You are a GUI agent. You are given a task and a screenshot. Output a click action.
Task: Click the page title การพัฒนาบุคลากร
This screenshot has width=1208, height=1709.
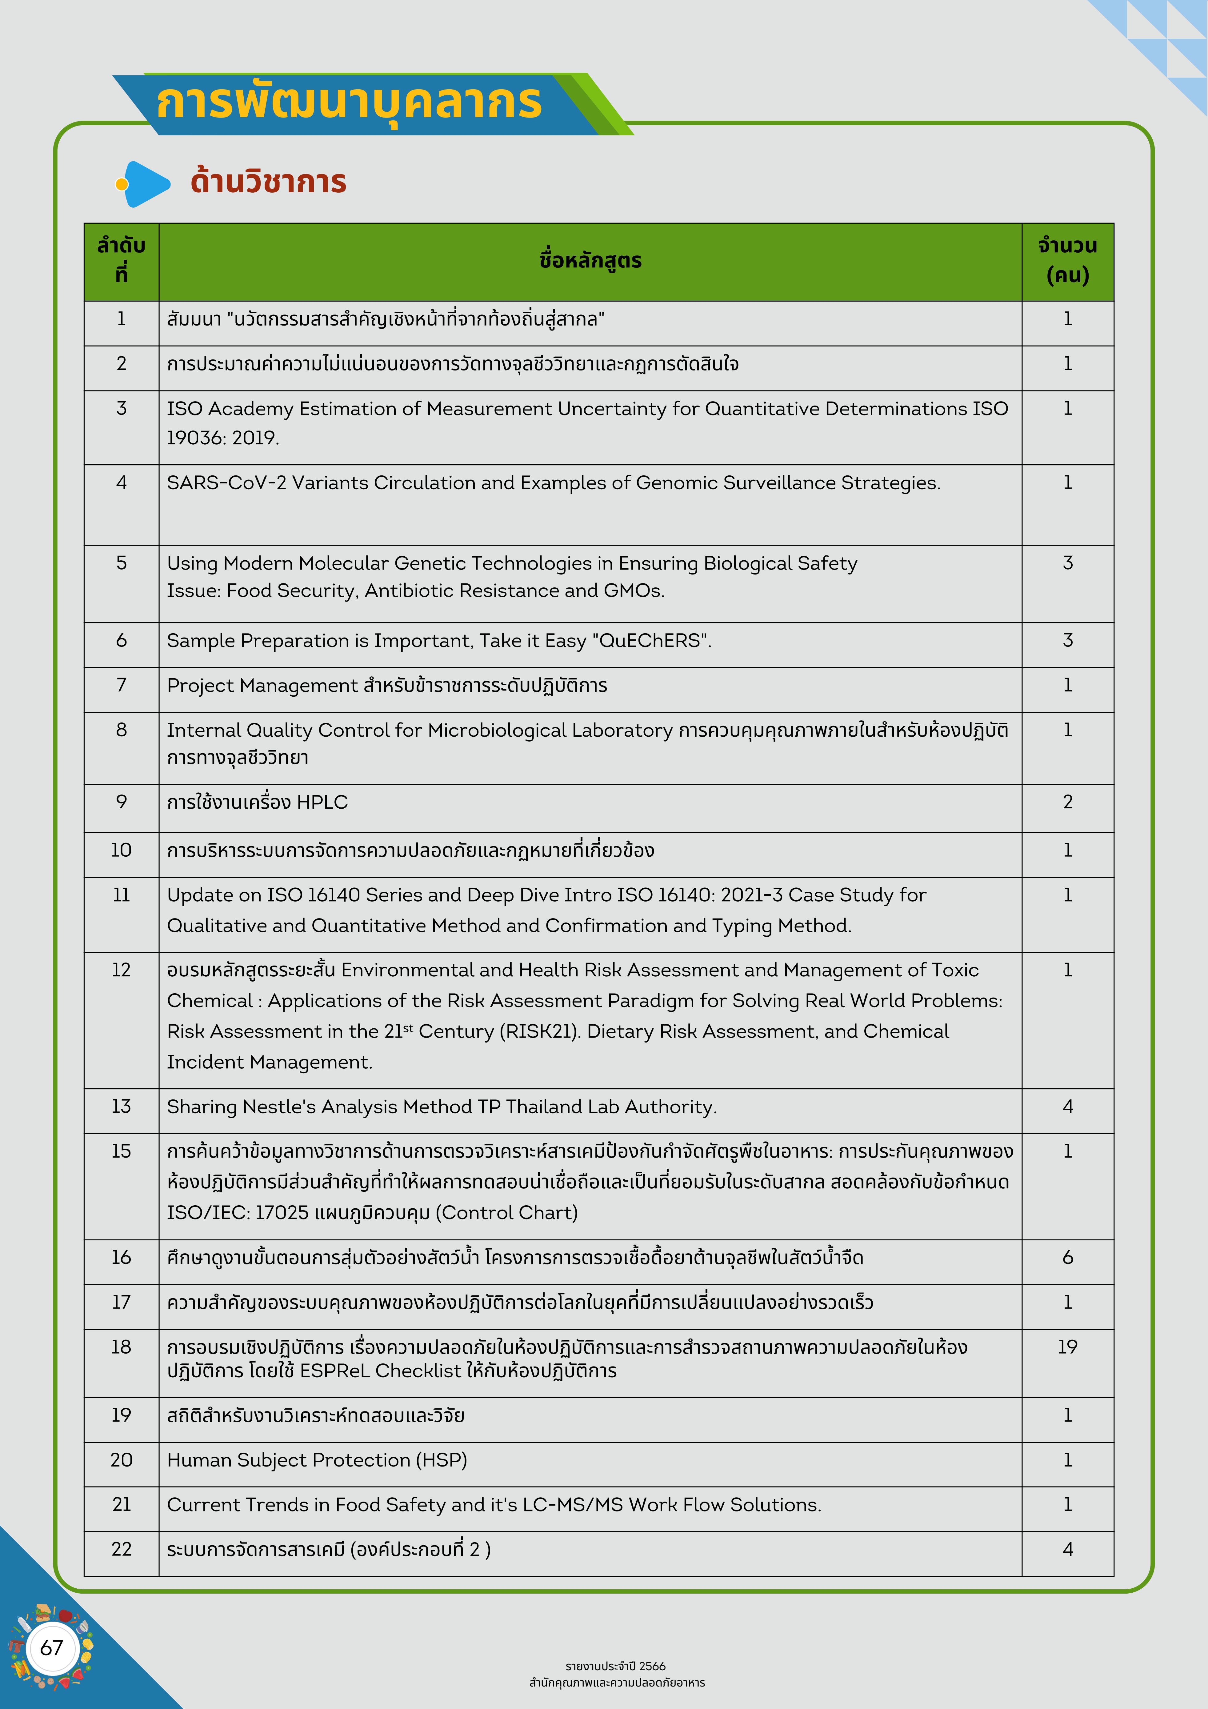click(348, 103)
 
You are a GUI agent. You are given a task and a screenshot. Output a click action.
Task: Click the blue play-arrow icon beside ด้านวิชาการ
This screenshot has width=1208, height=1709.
click(147, 184)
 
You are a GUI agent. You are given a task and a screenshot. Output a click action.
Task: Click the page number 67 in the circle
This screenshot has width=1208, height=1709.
click(51, 1647)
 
